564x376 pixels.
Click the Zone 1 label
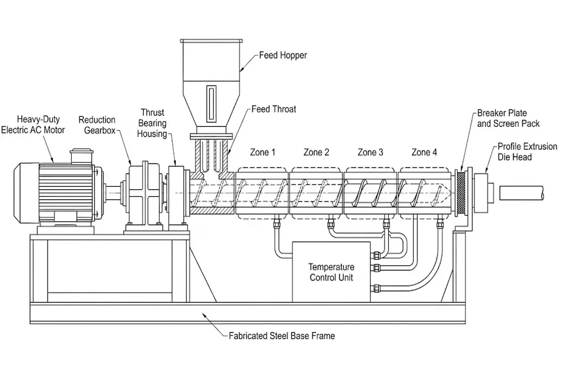pyautogui.click(x=263, y=152)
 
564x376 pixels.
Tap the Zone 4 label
pyautogui.click(x=424, y=152)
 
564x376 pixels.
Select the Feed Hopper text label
pyautogui.click(x=283, y=55)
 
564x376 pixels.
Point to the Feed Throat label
pyautogui.click(x=274, y=109)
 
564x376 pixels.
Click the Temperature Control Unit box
pyautogui.click(x=331, y=272)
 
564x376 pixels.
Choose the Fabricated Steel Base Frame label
pyautogui.click(x=282, y=335)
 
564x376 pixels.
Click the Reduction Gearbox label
pyautogui.click(x=97, y=125)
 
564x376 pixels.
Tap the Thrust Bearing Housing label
pyautogui.click(x=152, y=123)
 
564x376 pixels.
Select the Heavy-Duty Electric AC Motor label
pyautogui.click(x=33, y=125)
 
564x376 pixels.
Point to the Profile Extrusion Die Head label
pyautogui.click(x=528, y=152)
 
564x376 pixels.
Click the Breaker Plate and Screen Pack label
pyautogui.click(x=508, y=118)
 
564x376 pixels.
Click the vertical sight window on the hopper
pyautogui.click(x=211, y=103)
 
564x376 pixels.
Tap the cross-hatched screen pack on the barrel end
pyautogui.click(x=461, y=193)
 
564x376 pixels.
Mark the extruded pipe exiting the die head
pyautogui.click(x=522, y=193)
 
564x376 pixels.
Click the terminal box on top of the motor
pyautogui.click(x=82, y=156)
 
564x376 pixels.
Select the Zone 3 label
pyautogui.click(x=371, y=152)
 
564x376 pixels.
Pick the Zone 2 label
pyautogui.click(x=317, y=152)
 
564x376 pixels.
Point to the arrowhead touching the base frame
pyautogui.click(x=204, y=315)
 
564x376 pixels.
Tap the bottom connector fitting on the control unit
pyautogui.click(x=375, y=287)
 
